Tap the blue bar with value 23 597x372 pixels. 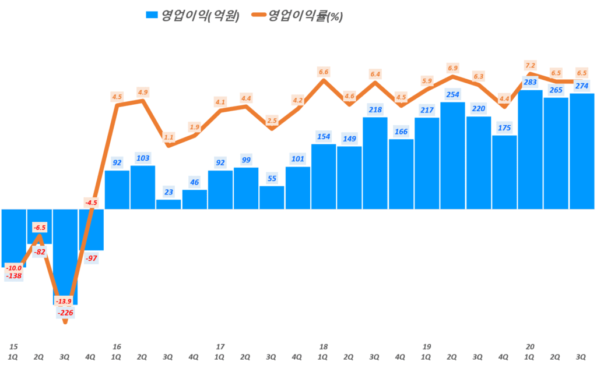coord(168,204)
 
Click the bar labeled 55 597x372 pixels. coord(272,197)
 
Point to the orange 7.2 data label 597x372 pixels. coord(530,65)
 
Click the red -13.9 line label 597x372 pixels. coord(65,301)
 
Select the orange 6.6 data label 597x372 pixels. coord(324,72)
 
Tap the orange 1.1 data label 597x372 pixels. coord(169,137)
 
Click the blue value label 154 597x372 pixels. coord(324,136)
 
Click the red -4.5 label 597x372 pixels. coord(91,203)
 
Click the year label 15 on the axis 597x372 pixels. coord(12,347)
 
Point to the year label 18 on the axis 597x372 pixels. coord(323,347)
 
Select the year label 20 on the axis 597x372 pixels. coord(530,347)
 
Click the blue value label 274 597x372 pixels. coord(581,86)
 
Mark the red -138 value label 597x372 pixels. coord(13,276)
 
